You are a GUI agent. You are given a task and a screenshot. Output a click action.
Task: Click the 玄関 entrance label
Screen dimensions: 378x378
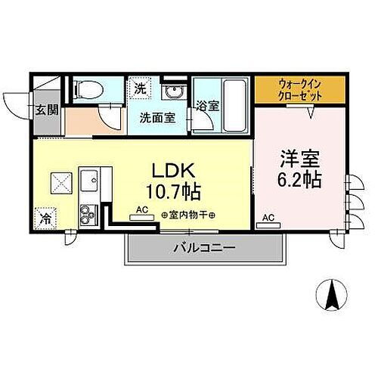click(x=47, y=110)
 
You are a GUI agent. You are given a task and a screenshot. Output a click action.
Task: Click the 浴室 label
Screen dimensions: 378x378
click(x=208, y=107)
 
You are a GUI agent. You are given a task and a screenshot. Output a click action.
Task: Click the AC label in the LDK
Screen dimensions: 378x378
click(x=141, y=210)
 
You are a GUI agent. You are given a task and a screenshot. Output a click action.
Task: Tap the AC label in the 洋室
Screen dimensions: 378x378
click(x=268, y=218)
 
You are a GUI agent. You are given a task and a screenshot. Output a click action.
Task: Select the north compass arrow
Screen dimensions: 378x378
click(x=330, y=295)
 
